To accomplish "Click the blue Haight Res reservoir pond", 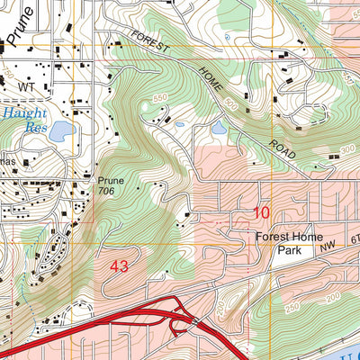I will (x=60, y=133).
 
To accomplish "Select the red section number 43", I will (x=120, y=267).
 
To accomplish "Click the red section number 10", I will (x=261, y=213).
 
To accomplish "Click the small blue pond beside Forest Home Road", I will (x=219, y=127).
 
